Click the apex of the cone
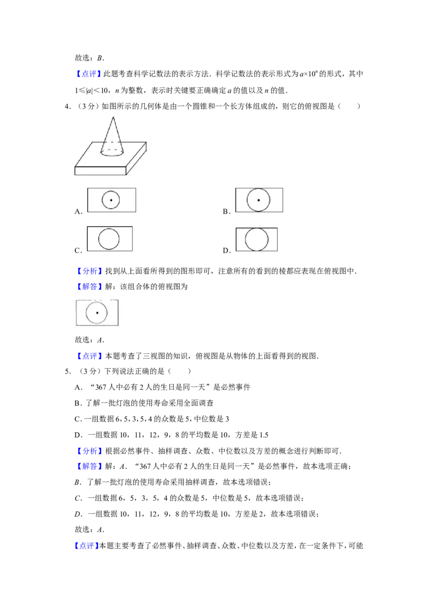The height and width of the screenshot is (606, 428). [113, 117]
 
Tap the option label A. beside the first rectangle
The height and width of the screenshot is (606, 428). [79, 211]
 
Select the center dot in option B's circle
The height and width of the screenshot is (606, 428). [258, 200]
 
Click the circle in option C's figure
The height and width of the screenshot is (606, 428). [109, 239]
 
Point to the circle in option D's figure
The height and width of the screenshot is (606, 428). [256, 239]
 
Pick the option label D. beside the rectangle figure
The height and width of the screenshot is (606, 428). [227, 251]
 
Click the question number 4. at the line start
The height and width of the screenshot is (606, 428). [67, 107]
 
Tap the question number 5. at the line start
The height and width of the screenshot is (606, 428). [67, 372]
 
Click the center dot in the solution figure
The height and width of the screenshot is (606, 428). [97, 313]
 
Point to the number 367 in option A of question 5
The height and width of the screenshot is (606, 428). [101, 387]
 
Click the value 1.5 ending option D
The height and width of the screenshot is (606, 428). [264, 435]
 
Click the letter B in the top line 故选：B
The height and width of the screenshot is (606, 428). [100, 58]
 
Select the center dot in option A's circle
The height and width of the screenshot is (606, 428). [111, 200]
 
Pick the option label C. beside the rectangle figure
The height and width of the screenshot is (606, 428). [79, 251]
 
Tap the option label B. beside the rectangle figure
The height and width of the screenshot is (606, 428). [227, 211]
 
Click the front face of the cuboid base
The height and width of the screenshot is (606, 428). [101, 171]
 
